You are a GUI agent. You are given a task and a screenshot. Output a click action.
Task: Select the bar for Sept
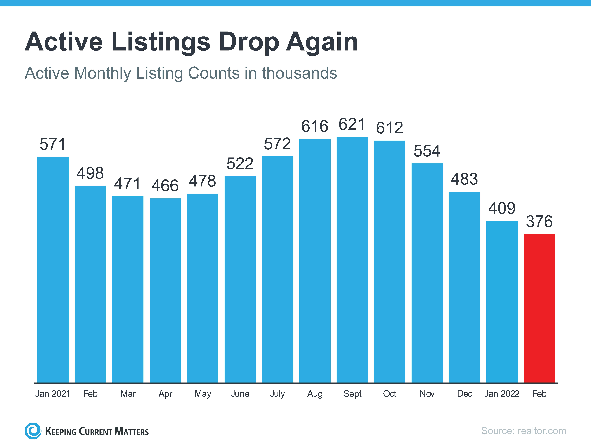tap(352, 260)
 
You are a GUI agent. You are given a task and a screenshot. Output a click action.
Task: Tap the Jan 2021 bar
tap(53, 270)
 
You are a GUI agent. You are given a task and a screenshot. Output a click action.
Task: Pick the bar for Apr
tap(165, 290)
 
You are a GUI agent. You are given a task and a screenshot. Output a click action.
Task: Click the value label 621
tap(352, 125)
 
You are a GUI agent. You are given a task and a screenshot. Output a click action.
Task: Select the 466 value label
tap(165, 186)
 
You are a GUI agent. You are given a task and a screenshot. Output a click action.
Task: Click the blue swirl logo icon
tap(33, 431)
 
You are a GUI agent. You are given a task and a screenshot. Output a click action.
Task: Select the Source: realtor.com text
tap(523, 431)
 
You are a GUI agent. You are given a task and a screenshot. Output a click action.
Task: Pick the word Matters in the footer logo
tap(131, 431)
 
